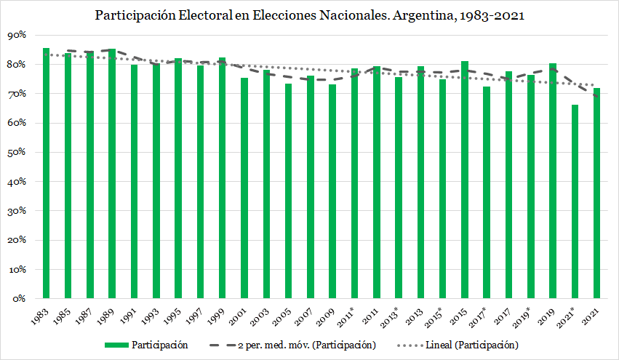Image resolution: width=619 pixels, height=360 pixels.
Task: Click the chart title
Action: coord(309,15)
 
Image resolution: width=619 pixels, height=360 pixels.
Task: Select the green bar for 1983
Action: coord(46,175)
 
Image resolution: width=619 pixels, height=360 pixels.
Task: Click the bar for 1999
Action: coord(222,178)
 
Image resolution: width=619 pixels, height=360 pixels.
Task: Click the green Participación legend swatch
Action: coord(116,344)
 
